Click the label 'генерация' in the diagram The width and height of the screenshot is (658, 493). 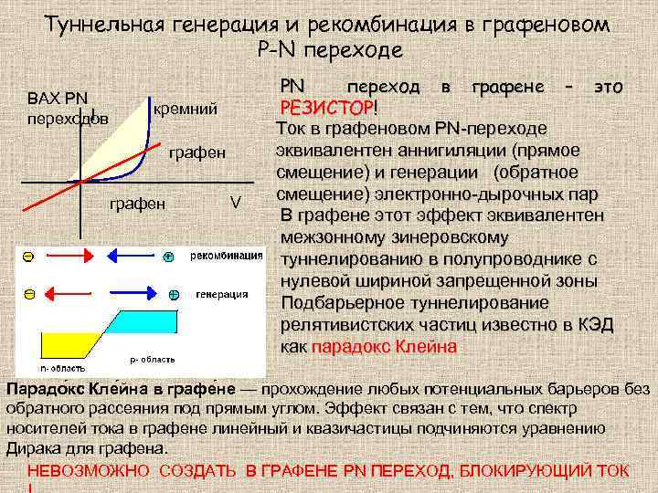tap(222, 294)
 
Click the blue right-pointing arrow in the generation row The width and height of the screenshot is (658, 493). tap(137, 294)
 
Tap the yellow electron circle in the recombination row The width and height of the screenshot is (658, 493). tap(29, 258)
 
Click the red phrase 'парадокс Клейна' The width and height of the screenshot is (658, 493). tap(385, 347)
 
